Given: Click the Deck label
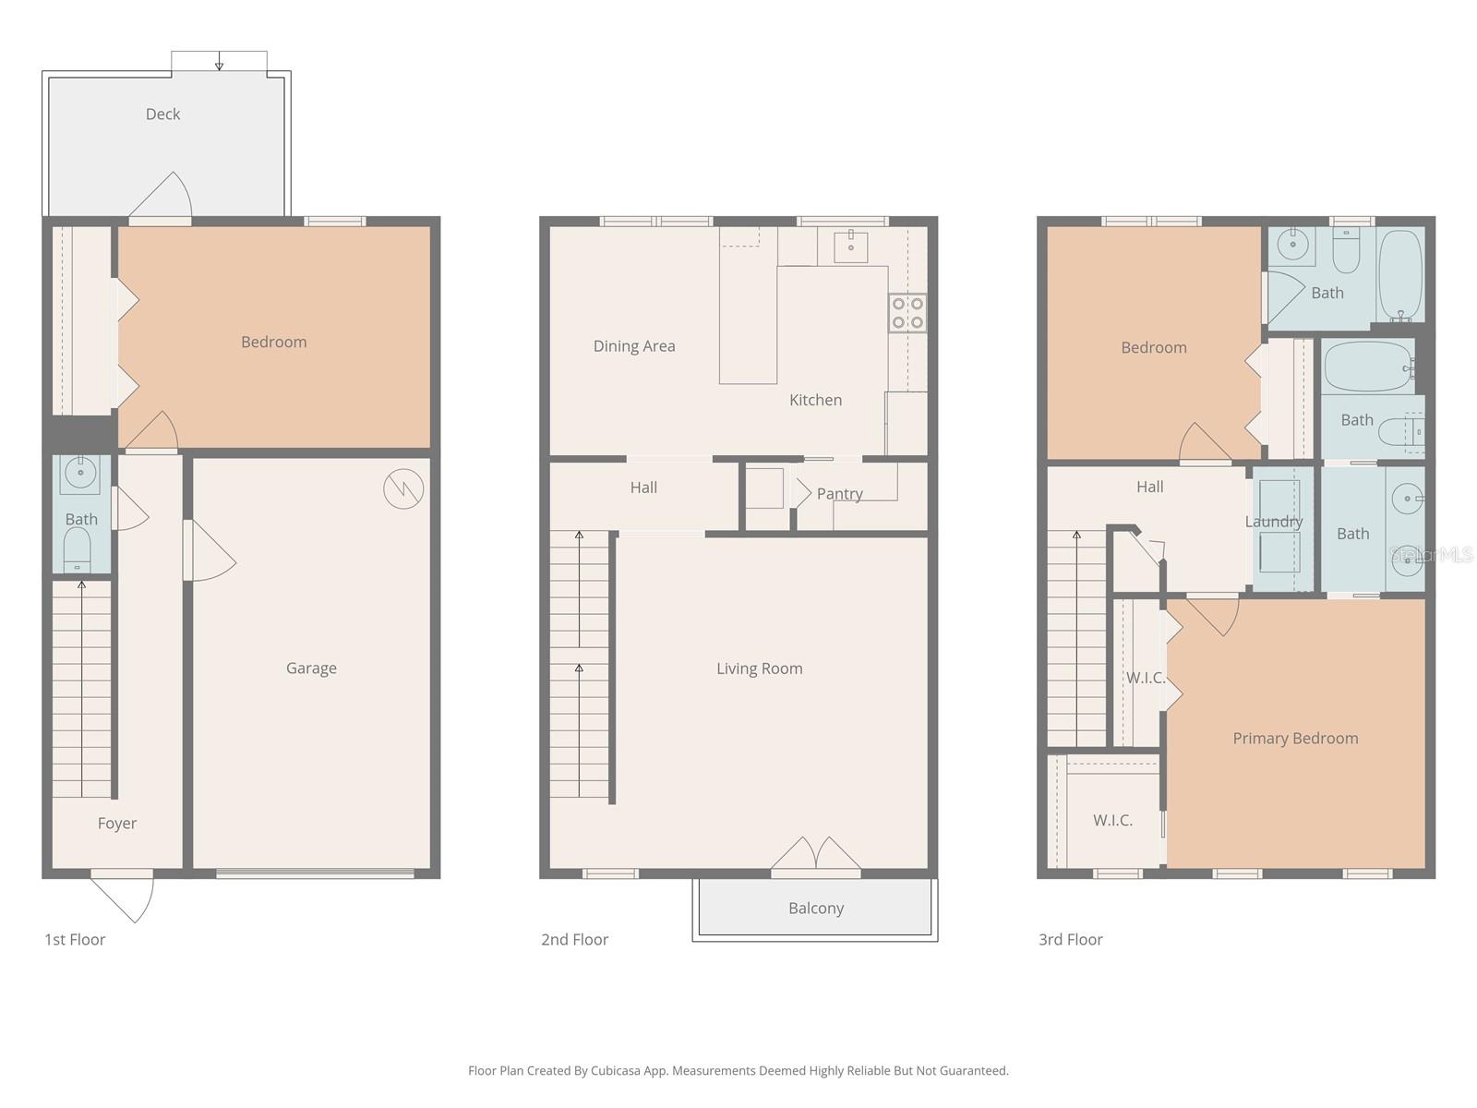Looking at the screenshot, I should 162,114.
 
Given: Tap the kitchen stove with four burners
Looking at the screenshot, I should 907,313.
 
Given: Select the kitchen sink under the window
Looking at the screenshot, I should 850,247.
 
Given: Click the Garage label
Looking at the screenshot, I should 311,668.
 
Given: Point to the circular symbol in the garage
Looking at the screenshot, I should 403,489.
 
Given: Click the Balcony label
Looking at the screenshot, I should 816,909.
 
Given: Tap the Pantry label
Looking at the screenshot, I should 839,494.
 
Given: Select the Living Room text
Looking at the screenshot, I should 759,668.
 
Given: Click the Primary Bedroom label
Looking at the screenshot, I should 1295,739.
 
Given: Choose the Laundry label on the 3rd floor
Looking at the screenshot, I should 1273,522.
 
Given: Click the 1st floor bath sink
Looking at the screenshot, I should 80,475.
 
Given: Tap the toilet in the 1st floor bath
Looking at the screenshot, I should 78,550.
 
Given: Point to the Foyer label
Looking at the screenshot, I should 117,824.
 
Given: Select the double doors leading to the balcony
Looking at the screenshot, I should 816,855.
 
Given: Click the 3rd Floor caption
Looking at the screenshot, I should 1070,940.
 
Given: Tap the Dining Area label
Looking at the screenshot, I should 634,346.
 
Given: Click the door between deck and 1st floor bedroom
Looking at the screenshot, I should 161,198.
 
